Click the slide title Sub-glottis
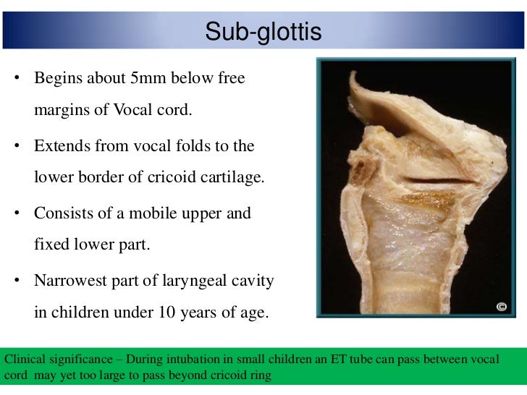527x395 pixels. (x=263, y=32)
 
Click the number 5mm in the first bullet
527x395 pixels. (x=156, y=78)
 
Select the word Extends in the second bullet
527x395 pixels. (x=60, y=145)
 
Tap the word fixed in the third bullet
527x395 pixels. (x=51, y=245)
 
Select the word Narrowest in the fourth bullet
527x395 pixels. (x=69, y=281)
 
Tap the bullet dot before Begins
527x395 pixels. (x=15, y=79)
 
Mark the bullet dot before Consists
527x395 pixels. (x=15, y=214)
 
